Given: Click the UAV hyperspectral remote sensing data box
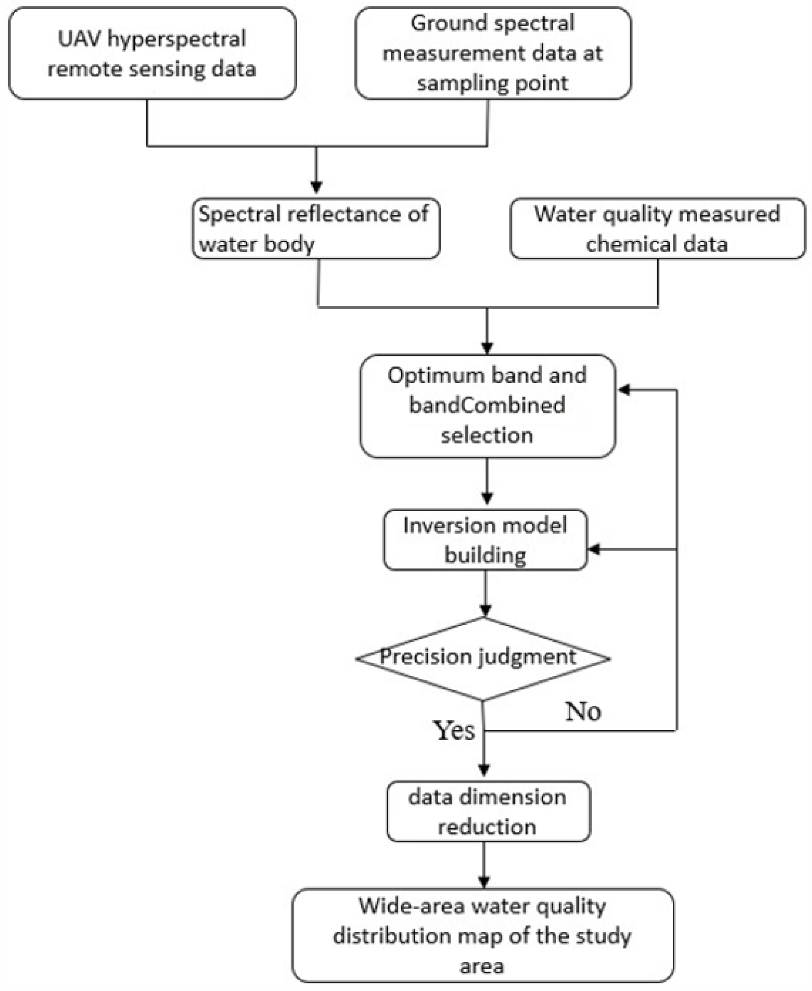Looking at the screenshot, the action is click(153, 53).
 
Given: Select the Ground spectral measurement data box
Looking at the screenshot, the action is click(493, 53).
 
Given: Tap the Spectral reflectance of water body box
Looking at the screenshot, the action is click(316, 229).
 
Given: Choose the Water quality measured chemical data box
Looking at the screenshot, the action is click(658, 229).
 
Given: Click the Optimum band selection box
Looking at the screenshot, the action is click(487, 406).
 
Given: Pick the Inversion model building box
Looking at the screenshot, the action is click(486, 540).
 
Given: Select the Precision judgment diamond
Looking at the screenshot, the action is click(483, 659).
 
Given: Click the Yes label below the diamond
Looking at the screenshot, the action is click(454, 731).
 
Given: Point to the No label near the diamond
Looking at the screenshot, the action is click(583, 711).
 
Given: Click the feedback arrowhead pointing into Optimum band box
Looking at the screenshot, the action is click(624, 389).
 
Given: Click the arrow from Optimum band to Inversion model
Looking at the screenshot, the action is click(487, 481).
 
